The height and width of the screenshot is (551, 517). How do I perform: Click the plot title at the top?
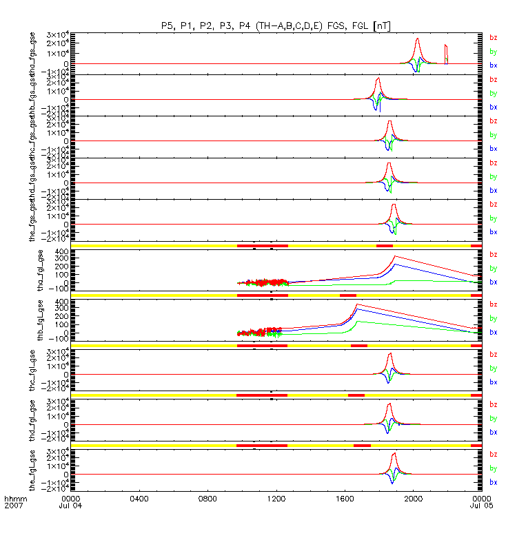pos(276,25)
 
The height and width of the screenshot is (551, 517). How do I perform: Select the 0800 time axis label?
pos(207,498)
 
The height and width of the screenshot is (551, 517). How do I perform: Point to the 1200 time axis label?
pos(276,498)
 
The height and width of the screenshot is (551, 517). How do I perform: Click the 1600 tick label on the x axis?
pos(345,498)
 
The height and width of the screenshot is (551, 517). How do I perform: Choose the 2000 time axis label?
pos(413,498)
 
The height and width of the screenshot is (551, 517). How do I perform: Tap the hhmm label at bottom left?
pos(14,498)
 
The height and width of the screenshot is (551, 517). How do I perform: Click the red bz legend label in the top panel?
pos(493,38)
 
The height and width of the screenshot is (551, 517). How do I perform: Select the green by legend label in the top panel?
pos(493,52)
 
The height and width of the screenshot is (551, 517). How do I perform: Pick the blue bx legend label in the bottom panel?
pos(493,482)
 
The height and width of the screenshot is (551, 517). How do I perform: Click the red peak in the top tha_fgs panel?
pos(418,39)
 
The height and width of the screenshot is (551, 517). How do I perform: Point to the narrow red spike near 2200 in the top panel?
pos(446,45)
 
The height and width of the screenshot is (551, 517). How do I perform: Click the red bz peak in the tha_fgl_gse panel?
pos(394,256)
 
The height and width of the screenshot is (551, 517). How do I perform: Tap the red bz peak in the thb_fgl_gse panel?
pos(356,304)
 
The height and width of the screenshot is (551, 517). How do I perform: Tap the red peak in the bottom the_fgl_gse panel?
pos(394,454)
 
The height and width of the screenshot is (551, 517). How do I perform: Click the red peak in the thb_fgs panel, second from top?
pos(378,79)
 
